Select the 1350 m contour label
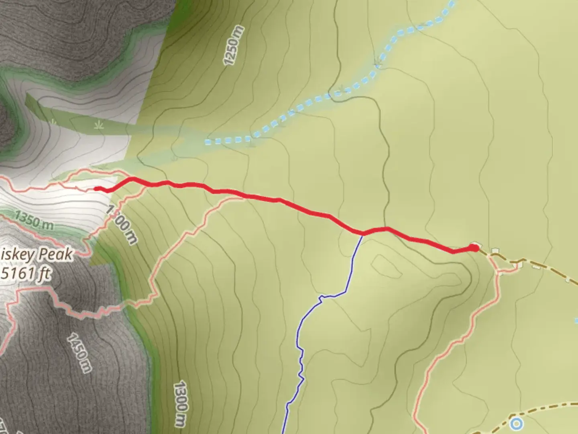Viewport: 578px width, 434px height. (x=34, y=220)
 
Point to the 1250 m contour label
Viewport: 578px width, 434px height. (x=234, y=45)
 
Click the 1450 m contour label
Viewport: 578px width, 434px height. (x=79, y=352)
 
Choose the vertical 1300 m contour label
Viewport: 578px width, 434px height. (x=181, y=404)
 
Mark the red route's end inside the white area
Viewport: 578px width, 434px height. (x=96, y=188)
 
